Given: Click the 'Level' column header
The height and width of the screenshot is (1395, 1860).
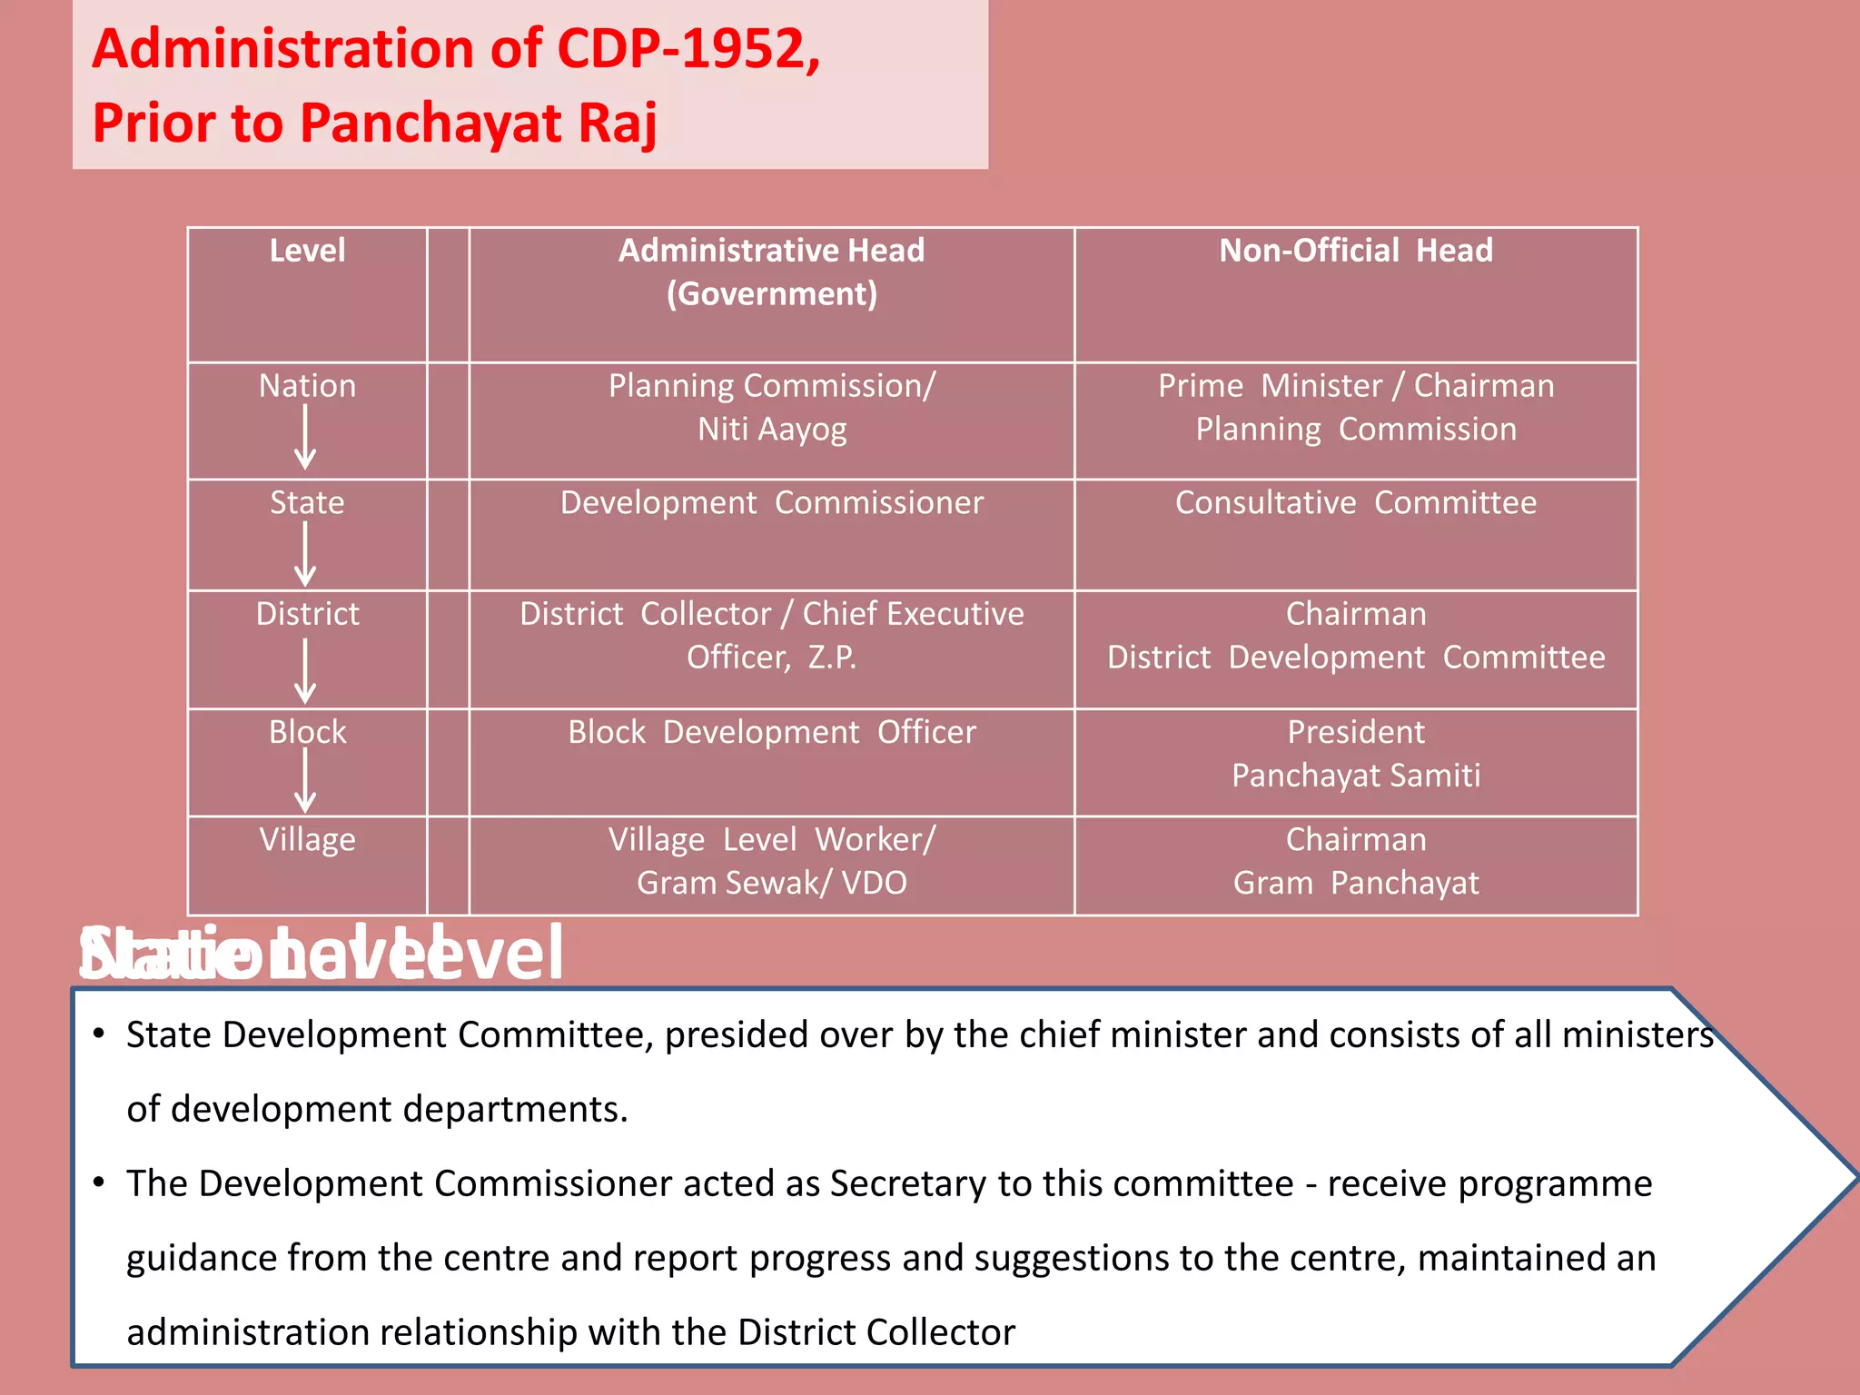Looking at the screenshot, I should [307, 251].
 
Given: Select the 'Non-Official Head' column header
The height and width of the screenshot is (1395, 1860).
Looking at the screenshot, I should [1355, 251].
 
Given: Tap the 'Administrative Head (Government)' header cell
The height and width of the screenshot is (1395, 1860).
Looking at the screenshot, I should [771, 272].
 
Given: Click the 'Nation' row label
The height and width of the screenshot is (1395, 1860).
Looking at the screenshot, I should [307, 386].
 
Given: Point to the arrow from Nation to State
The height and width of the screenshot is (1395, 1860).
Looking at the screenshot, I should [306, 437].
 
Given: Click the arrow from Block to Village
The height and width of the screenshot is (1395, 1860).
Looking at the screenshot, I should [306, 781].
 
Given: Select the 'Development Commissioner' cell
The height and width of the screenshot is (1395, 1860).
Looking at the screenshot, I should [771, 503].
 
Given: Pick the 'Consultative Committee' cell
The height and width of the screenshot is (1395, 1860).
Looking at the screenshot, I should [1355, 503].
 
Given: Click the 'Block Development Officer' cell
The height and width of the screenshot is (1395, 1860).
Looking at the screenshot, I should [771, 732].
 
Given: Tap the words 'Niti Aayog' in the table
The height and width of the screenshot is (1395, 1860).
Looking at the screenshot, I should [771, 430].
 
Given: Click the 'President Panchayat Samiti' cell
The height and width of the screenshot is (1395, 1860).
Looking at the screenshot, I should [1355, 754].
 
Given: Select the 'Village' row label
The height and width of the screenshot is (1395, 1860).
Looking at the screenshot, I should [307, 840].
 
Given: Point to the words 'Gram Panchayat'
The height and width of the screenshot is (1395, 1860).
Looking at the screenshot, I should [1355, 883].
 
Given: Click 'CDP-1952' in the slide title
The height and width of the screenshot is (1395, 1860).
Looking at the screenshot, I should [687, 49].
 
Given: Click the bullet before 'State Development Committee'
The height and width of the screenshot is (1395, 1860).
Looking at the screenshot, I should [99, 1034].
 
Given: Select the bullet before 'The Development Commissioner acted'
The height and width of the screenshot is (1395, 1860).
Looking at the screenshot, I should [99, 1182].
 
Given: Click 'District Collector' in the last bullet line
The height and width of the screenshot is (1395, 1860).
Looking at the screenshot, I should [876, 1332].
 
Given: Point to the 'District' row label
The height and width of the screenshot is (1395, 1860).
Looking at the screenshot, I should [307, 614].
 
